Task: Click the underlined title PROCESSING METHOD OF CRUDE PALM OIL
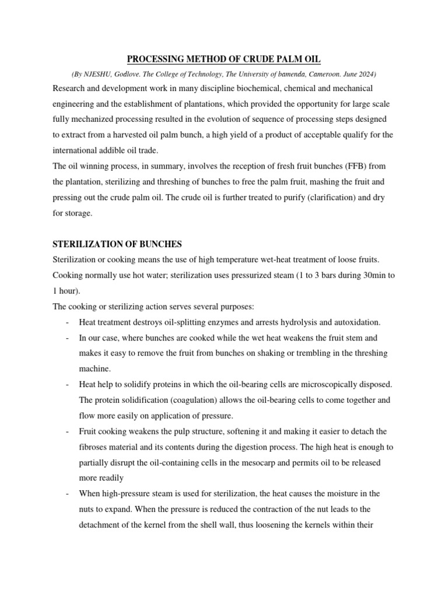(x=224, y=59)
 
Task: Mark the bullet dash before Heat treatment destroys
(x=68, y=322)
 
